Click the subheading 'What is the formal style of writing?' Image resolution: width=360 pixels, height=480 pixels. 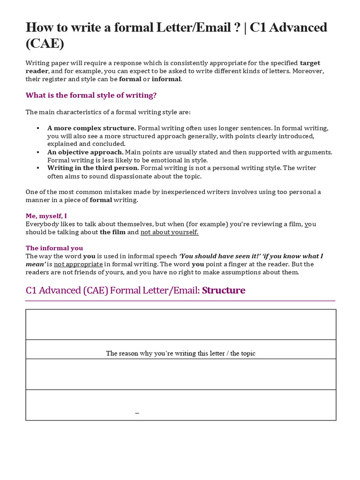click(x=91, y=95)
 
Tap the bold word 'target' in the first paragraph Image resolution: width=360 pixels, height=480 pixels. click(x=310, y=63)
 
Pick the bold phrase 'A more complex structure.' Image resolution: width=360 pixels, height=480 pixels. click(x=91, y=128)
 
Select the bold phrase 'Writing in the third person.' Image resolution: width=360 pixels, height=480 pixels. click(x=93, y=168)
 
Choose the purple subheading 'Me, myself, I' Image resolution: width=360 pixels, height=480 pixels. click(x=46, y=216)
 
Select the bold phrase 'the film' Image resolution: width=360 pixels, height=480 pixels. click(x=112, y=232)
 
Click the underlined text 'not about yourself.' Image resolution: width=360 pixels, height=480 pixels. click(x=169, y=232)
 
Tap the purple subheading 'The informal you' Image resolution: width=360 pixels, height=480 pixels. click(x=54, y=248)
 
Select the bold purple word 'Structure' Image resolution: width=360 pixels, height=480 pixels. click(x=224, y=290)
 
